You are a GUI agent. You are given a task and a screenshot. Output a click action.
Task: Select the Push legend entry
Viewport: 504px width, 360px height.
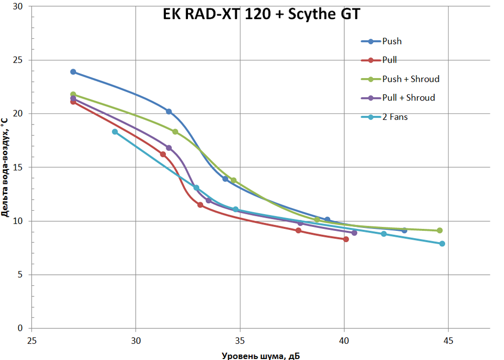[x=392, y=41]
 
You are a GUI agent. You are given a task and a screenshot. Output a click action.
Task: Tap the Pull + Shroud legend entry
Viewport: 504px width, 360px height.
[x=408, y=98]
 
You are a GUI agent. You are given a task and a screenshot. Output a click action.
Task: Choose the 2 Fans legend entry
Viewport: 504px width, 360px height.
[x=395, y=117]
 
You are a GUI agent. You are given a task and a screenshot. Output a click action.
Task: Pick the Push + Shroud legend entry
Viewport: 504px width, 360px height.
[x=411, y=79]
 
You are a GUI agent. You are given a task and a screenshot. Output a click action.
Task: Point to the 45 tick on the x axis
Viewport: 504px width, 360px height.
[x=448, y=340]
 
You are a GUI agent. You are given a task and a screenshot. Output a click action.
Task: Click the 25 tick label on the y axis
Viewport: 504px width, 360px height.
[x=19, y=60]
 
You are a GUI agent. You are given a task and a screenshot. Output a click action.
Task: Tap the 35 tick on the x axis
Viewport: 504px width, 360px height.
[x=240, y=340]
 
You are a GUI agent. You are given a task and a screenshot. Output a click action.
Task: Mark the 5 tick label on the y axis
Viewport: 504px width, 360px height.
[x=21, y=275]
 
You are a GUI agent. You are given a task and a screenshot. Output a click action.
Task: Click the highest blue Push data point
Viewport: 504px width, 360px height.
[x=73, y=72]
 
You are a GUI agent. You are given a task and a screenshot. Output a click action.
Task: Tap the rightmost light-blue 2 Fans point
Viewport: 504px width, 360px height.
[x=442, y=244]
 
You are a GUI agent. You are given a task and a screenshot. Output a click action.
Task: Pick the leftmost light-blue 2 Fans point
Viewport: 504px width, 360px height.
[x=115, y=132]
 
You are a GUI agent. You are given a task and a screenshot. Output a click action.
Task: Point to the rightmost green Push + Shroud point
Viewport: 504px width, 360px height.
[x=439, y=230]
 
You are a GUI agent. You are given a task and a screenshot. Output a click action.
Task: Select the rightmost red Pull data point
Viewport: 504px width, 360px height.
[x=346, y=239]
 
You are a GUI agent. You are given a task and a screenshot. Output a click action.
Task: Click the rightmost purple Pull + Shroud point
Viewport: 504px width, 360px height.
[x=354, y=233]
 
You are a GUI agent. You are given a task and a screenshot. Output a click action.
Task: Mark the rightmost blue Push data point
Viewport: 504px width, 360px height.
[x=404, y=230]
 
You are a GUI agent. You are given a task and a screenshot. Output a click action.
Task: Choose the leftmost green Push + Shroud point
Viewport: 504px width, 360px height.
[x=73, y=94]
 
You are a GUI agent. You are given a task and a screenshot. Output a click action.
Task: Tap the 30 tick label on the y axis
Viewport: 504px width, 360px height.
[x=19, y=7]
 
